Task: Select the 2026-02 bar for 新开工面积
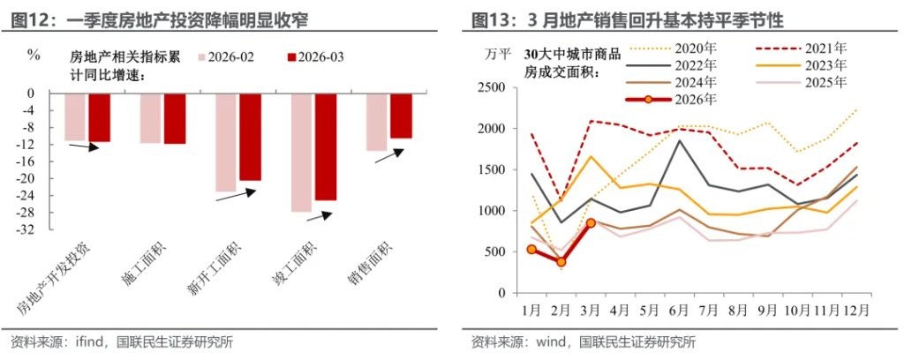tap(226, 142)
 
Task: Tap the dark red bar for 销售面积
tap(402, 116)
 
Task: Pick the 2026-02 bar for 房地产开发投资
tap(75, 116)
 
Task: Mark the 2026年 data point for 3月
tap(591, 223)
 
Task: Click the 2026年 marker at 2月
tap(561, 262)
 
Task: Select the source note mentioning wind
tap(583, 342)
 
